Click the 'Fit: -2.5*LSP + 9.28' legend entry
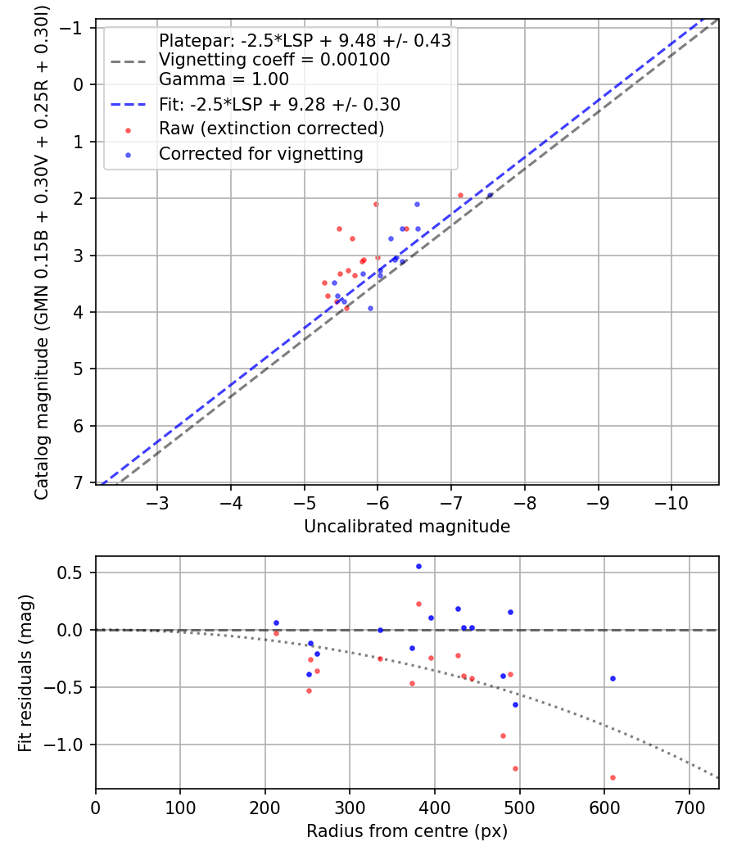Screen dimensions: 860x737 coord(279,105)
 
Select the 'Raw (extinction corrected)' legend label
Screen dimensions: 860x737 coord(271,129)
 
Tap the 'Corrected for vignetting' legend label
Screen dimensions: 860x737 coord(261,153)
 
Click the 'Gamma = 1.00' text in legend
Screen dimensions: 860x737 coord(224,79)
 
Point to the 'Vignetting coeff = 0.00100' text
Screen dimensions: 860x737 coord(274,60)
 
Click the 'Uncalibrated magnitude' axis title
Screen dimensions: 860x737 coord(407,527)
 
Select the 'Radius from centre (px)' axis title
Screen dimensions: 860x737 coord(407,831)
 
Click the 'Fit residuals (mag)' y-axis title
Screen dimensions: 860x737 coord(25,673)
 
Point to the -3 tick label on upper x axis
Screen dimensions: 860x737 coord(157,502)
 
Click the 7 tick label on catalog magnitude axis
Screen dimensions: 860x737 coord(79,482)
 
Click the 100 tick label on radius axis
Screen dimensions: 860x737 coord(180,807)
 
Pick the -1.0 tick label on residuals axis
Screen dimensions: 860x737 coord(70,745)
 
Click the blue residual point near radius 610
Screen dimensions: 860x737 coord(613,678)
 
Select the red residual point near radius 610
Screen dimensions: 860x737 coord(613,777)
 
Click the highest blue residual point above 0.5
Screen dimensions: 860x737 coord(418,566)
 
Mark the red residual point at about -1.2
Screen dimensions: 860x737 coord(515,768)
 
